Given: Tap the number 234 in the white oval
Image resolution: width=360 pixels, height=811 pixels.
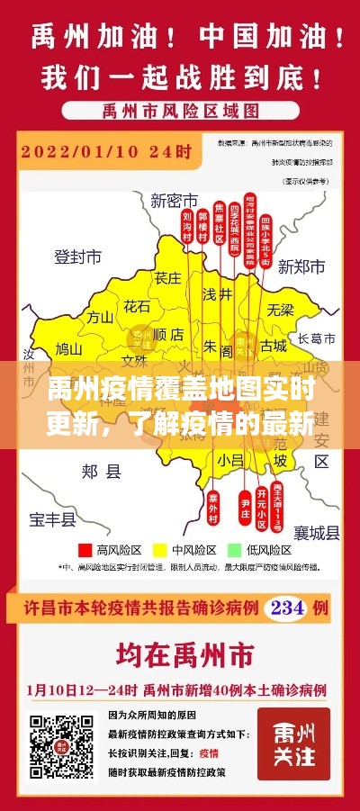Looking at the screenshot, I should click(287, 607).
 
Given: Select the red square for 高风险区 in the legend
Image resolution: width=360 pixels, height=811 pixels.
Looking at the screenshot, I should click(86, 548).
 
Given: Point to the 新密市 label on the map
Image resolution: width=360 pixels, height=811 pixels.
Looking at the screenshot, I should click(174, 199).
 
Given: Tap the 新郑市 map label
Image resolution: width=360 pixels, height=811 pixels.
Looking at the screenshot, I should click(301, 266).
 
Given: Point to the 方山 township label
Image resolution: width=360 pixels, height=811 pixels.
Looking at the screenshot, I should click(99, 316).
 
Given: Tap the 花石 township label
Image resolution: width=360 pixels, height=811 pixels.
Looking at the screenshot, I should click(138, 306).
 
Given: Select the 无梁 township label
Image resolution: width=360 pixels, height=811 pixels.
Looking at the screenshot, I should click(280, 310).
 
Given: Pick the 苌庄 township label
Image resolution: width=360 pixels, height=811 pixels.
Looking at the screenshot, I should click(167, 277).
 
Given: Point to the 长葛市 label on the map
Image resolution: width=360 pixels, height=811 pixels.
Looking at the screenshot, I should click(316, 338).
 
